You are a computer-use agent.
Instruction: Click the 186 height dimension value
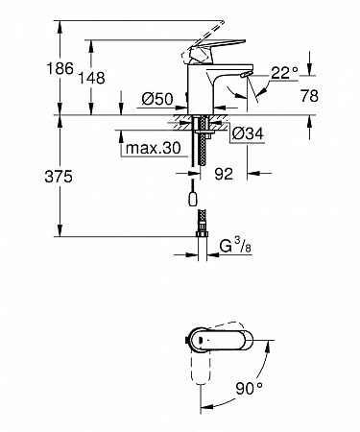pos(60,69)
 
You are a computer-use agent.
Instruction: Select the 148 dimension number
pos(92,78)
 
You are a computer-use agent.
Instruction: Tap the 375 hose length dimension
pos(59,177)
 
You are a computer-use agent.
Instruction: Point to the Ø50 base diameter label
pos(157,99)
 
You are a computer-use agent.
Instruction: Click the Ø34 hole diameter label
pos(248,133)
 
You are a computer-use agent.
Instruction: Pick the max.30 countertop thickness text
pos(154,148)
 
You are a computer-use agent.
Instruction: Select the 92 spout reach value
pos(224,174)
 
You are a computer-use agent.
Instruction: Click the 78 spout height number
pos(309,96)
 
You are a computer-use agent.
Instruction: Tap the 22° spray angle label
pos(284,73)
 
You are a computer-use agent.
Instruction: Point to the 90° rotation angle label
pos(249,388)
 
